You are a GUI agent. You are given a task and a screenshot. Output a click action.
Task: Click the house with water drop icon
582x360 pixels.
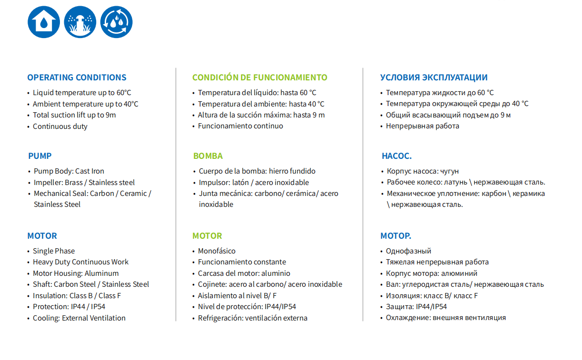[x=44, y=22]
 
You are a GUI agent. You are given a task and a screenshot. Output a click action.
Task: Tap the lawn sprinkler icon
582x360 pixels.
[x=80, y=22]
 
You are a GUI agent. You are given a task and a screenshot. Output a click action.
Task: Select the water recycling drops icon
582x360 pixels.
[x=116, y=22]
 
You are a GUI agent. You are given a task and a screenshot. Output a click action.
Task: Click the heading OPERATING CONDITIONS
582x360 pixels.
[x=77, y=78]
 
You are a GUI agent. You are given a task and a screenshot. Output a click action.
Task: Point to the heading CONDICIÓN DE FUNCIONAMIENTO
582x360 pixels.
[x=259, y=78]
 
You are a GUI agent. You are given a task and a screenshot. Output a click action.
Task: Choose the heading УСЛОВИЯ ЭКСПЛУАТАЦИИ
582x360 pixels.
[x=434, y=78]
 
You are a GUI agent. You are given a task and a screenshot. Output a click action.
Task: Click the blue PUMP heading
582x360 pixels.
[x=40, y=156]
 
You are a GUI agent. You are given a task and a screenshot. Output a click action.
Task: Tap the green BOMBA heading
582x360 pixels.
[x=208, y=156]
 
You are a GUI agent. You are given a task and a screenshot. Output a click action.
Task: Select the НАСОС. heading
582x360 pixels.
[x=396, y=156]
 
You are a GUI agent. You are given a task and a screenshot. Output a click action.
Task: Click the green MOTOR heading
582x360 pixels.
[x=207, y=236]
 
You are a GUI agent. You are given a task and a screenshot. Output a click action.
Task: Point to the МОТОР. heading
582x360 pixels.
[x=395, y=236]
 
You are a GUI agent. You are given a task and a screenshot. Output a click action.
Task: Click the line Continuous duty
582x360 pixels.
[x=60, y=126]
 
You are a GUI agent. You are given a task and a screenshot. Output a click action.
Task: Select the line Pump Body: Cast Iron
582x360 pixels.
[x=69, y=171]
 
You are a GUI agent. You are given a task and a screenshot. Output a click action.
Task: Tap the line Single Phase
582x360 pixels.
[x=54, y=251]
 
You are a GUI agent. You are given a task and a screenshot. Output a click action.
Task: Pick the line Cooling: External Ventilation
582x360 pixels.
[x=79, y=318]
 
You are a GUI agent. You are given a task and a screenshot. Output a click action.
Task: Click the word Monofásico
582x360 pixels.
[x=217, y=251]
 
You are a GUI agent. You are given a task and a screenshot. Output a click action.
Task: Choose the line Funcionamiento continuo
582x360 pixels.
[x=240, y=126]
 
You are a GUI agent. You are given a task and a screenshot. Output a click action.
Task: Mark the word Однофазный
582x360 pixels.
[x=408, y=251]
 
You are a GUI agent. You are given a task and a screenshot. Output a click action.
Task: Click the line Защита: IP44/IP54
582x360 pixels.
[x=416, y=307]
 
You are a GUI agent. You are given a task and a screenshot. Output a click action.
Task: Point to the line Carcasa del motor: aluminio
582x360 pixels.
[x=244, y=273]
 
